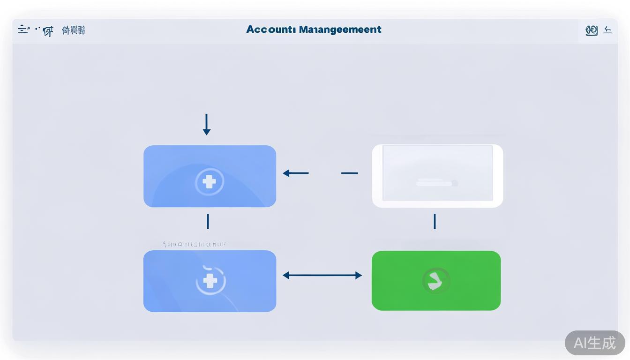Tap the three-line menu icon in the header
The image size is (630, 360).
pyautogui.click(x=23, y=30)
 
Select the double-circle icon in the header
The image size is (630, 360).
pyautogui.click(x=592, y=30)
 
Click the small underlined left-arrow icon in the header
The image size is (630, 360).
pyautogui.click(x=607, y=30)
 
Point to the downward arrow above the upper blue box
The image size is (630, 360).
pyautogui.click(x=207, y=124)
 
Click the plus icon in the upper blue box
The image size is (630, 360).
pyautogui.click(x=209, y=181)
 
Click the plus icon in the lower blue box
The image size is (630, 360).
pyautogui.click(x=210, y=281)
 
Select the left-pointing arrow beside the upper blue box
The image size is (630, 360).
pyautogui.click(x=295, y=173)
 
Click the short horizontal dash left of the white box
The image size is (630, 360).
pyautogui.click(x=349, y=173)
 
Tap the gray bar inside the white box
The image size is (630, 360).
pyautogui.click(x=436, y=183)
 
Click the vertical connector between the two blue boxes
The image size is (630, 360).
pyautogui.click(x=208, y=221)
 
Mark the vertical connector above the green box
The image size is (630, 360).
pyautogui.click(x=435, y=221)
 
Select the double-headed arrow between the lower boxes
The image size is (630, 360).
pyautogui.click(x=322, y=275)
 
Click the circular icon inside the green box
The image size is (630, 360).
pyautogui.click(x=436, y=281)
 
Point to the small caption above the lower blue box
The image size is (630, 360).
pyautogui.click(x=195, y=244)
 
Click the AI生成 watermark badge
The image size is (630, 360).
pyautogui.click(x=594, y=343)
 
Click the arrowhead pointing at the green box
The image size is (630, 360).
pyautogui.click(x=359, y=275)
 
